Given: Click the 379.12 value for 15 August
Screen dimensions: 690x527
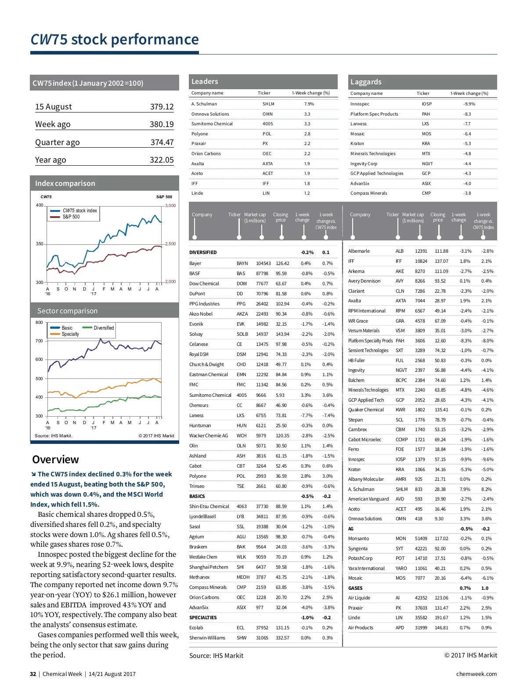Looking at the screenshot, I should click(x=162, y=107).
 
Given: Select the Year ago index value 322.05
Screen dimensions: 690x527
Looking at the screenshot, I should click(x=162, y=160).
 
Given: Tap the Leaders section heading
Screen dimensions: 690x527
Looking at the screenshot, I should click(x=205, y=81).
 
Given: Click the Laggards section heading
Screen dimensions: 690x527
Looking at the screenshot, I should click(x=366, y=82).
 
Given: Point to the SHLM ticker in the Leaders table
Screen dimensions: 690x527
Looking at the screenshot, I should click(x=268, y=104).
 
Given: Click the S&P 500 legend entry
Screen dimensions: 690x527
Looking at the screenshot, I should click(x=71, y=217).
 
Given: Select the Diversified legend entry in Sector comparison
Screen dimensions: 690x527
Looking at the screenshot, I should click(x=104, y=328).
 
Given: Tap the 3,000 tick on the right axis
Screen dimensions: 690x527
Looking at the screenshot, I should click(x=170, y=206).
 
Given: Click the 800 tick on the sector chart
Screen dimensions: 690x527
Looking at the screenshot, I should click(x=39, y=323).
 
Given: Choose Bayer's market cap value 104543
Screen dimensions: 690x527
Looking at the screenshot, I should click(x=263, y=264).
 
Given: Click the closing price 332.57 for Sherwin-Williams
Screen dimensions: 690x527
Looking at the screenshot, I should click(x=282, y=638).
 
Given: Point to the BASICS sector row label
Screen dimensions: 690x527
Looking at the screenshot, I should click(x=197, y=496).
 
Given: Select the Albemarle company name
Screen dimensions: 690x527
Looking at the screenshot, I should click(x=359, y=251).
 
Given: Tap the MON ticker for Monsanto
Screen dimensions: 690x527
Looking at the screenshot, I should click(x=401, y=538).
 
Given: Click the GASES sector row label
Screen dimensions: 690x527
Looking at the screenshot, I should click(x=355, y=588).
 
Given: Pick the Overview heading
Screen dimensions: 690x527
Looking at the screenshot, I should click(x=55, y=460).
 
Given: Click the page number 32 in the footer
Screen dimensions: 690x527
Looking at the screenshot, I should click(x=33, y=674).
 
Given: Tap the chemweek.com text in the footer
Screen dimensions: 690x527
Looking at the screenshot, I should click(x=476, y=674).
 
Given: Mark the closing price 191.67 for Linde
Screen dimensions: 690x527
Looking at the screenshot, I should click(x=441, y=617).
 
